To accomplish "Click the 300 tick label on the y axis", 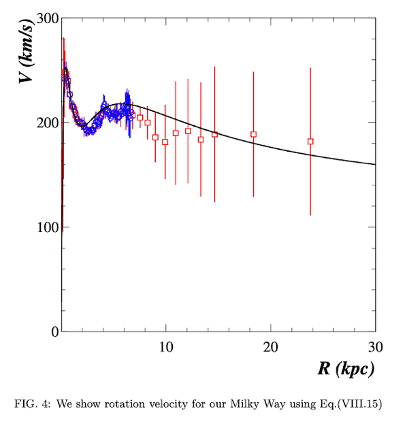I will [43, 18].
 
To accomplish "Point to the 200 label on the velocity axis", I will [43, 123].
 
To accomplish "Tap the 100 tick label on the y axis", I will [43, 227].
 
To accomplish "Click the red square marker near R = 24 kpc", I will [310, 142].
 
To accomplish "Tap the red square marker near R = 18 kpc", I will [253, 134].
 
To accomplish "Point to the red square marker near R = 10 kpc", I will [165, 142].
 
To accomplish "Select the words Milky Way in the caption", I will [262, 404].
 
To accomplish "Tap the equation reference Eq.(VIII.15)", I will [349, 404].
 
